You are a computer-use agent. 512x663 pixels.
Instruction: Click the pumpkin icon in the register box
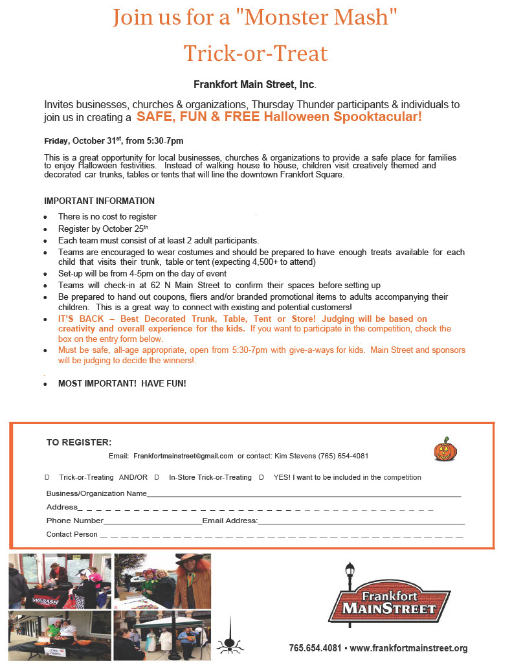pyautogui.click(x=446, y=449)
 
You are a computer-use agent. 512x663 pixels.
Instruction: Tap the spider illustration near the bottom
pyautogui.click(x=230, y=640)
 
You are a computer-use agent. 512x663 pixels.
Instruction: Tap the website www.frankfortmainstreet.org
pyautogui.click(x=408, y=647)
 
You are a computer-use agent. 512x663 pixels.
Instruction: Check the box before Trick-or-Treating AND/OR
pyautogui.click(x=47, y=477)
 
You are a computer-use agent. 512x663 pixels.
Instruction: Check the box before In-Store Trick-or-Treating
pyautogui.click(x=157, y=477)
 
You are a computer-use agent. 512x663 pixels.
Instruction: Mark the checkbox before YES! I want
pyautogui.click(x=262, y=477)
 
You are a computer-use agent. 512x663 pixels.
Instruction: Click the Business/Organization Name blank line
pyautogui.click(x=304, y=495)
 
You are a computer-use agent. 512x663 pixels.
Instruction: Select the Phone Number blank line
pyautogui.click(x=153, y=522)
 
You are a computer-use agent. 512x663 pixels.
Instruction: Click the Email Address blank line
pyautogui.click(x=361, y=522)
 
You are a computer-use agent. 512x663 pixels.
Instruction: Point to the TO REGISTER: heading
pyautogui.click(x=79, y=442)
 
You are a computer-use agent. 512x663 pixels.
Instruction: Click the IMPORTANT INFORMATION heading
pyautogui.click(x=99, y=201)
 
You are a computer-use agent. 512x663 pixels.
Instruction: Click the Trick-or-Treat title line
pyautogui.click(x=256, y=52)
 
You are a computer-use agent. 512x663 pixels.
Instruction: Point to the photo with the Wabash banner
pyautogui.click(x=60, y=581)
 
